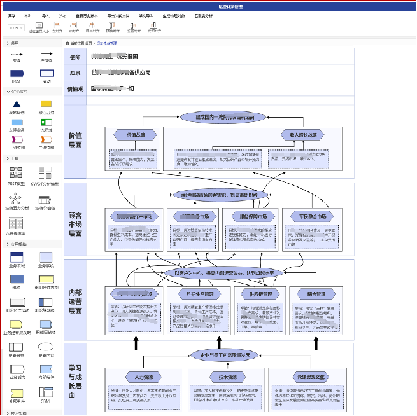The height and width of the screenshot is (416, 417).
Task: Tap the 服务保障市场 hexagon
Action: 252,216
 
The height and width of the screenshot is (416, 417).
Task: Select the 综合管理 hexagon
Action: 316,294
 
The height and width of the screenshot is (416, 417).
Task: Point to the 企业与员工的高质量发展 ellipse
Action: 225,355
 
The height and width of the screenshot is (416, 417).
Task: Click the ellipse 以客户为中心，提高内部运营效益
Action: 223,273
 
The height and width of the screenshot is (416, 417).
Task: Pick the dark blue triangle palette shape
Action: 17,103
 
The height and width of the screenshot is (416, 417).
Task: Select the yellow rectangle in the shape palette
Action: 46,103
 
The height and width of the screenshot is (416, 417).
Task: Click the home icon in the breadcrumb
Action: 67,43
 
